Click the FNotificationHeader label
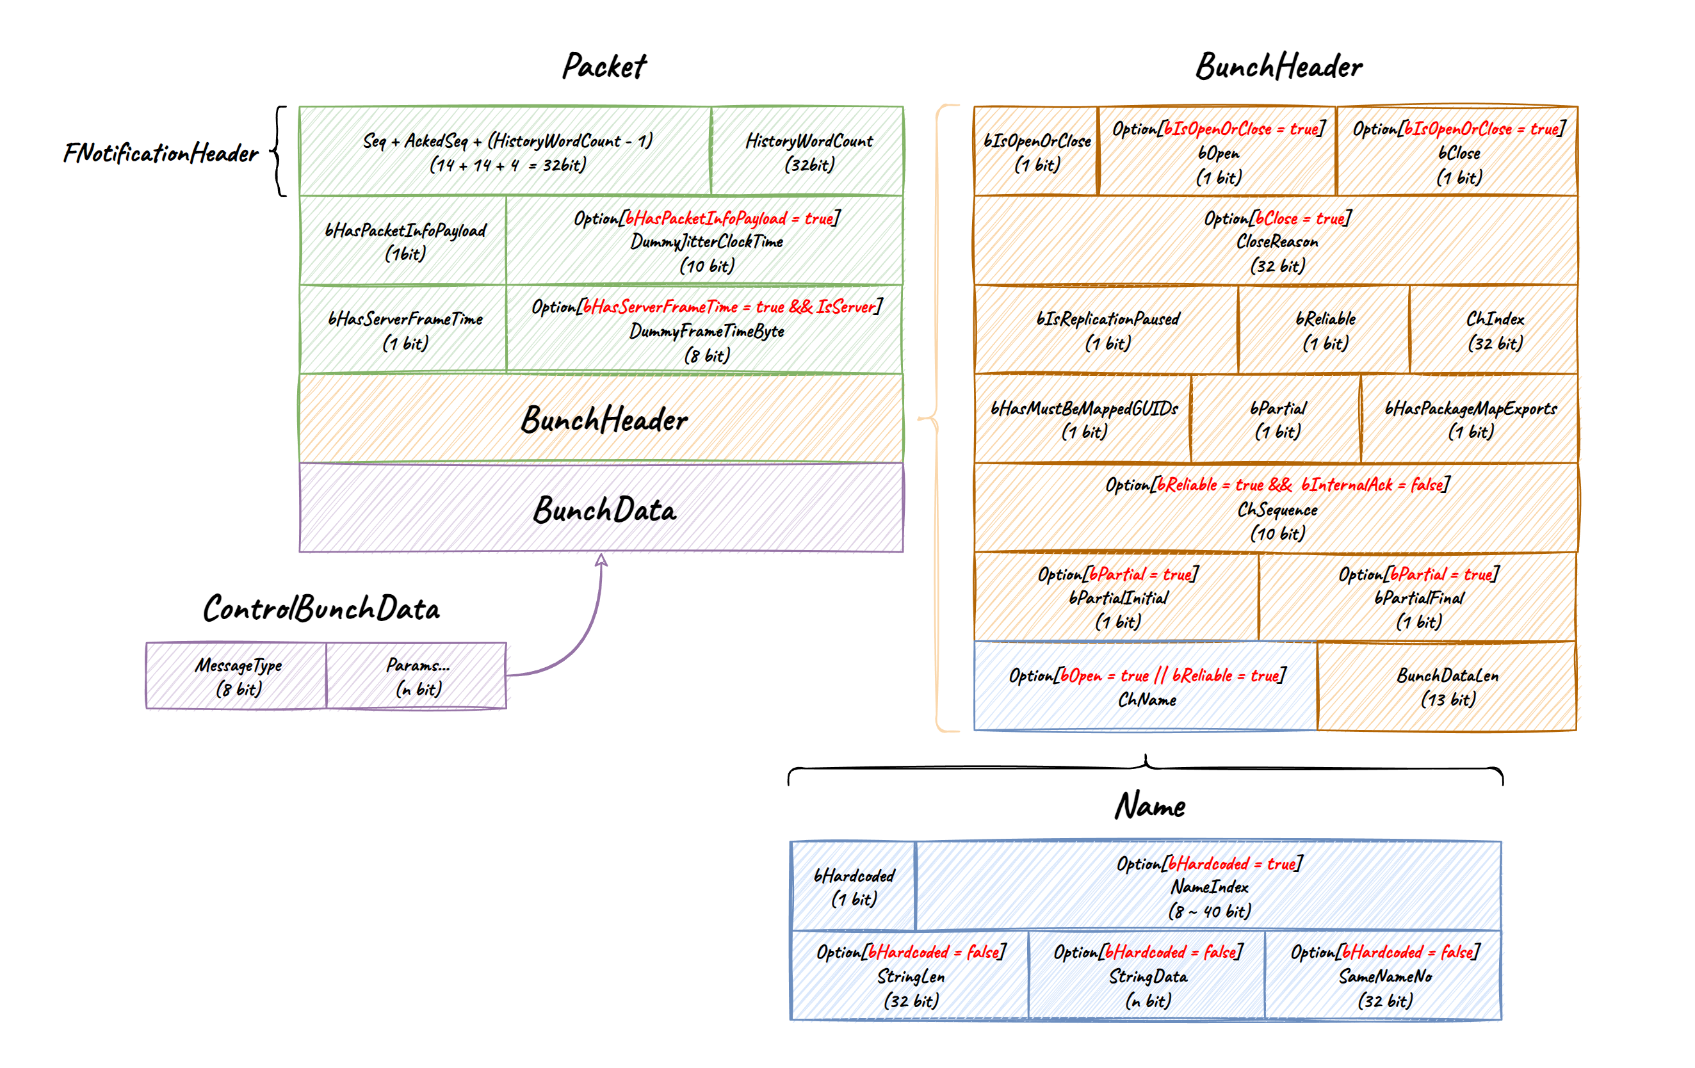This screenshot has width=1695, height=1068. point(161,153)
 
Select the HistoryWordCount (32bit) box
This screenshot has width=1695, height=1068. point(807,151)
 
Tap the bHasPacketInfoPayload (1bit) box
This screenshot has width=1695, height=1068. point(403,241)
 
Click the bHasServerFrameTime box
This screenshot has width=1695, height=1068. point(403,330)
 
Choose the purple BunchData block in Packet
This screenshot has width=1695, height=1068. point(602,508)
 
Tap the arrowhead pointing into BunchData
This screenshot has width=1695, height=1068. point(601,560)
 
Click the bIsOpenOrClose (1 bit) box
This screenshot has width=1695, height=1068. point(1036,151)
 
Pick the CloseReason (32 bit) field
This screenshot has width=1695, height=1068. point(1276,241)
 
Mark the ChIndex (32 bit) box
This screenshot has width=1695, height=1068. point(1494,330)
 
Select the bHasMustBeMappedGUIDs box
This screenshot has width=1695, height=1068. point(1083,419)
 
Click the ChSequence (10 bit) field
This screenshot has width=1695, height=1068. point(1276,508)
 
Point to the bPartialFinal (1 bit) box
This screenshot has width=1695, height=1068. point(1418,597)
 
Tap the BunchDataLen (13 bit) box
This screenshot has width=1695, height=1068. point(1447,686)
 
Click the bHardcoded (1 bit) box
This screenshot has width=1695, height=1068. point(853,886)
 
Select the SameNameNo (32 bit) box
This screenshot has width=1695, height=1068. point(1383,975)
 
